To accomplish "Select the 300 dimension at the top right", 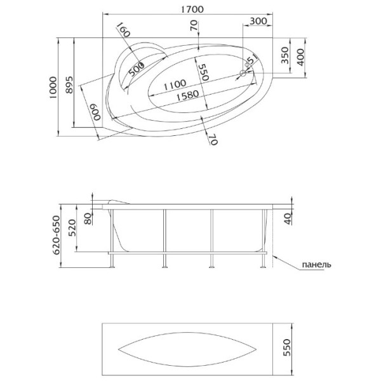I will [257, 20].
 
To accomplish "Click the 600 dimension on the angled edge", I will [95, 114].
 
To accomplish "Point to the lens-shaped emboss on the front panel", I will [188, 351].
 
